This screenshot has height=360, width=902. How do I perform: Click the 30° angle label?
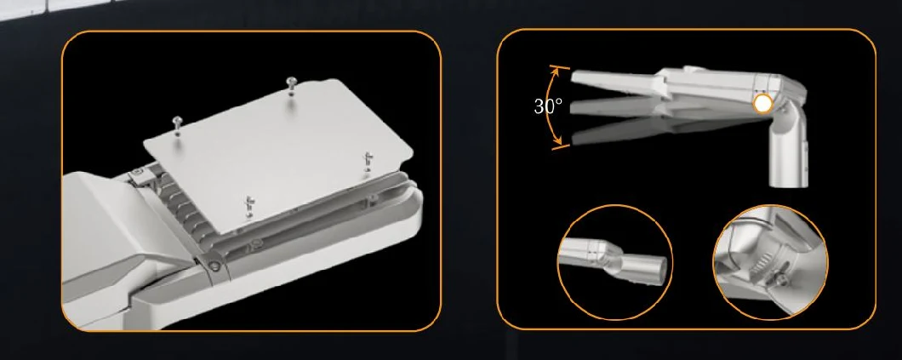point(548,106)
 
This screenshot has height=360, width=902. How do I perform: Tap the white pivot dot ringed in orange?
point(762,104)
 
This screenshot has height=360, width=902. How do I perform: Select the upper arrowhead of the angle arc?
point(555,71)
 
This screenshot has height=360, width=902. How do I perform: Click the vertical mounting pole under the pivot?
point(789,155)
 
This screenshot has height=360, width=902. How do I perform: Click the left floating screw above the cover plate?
point(178,125)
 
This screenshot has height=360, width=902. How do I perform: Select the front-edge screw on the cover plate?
point(249,206)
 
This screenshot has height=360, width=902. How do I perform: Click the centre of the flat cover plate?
point(279,154)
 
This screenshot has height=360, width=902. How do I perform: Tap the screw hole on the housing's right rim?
point(373,199)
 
